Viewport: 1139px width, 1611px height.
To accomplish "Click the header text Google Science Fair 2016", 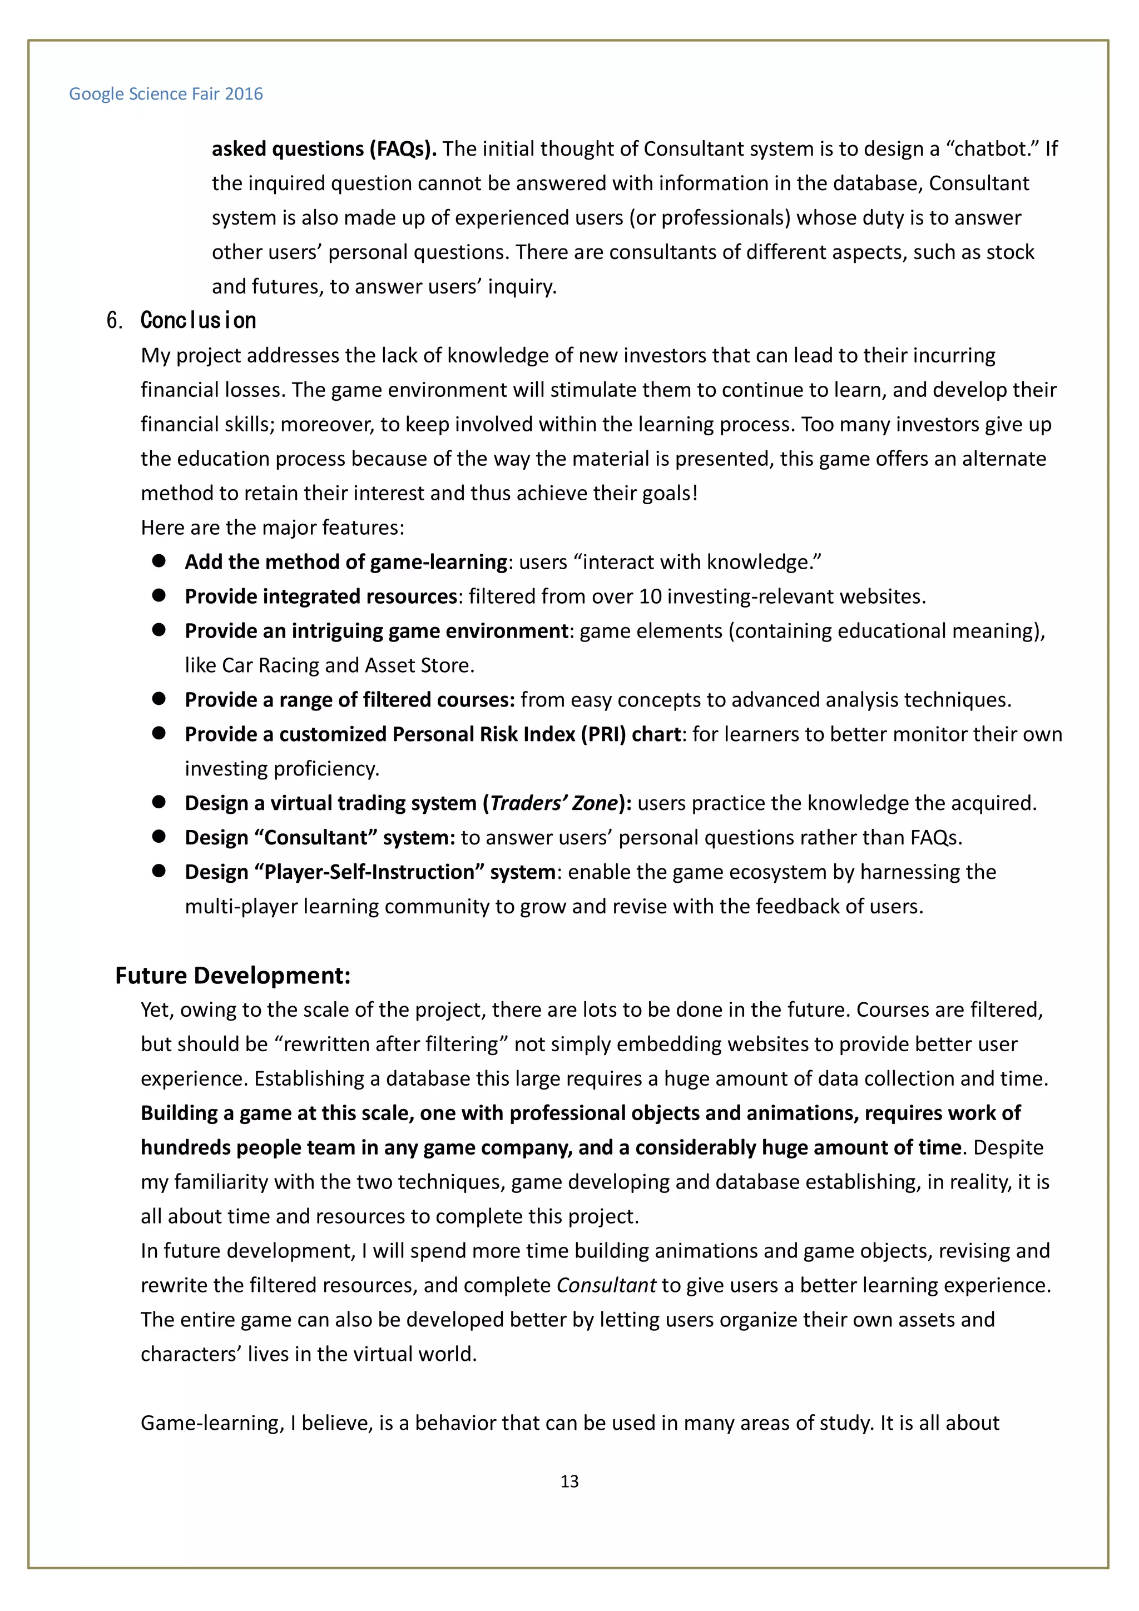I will pyautogui.click(x=166, y=94).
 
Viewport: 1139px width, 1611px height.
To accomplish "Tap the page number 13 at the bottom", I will pyautogui.click(x=569, y=1481).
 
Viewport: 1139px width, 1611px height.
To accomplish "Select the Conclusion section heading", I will pyautogui.click(x=198, y=321).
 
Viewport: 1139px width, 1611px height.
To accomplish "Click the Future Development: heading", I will pyautogui.click(x=232, y=975).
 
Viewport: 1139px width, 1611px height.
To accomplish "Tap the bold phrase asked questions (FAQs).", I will pyautogui.click(x=324, y=149).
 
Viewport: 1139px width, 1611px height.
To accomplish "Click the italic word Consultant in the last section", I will pyautogui.click(x=606, y=1285).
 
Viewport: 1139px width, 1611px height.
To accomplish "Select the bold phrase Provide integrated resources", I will pyautogui.click(x=321, y=596).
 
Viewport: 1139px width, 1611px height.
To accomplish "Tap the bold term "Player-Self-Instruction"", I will pyautogui.click(x=369, y=872).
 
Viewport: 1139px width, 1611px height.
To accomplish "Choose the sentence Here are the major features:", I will pyautogui.click(x=273, y=527).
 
